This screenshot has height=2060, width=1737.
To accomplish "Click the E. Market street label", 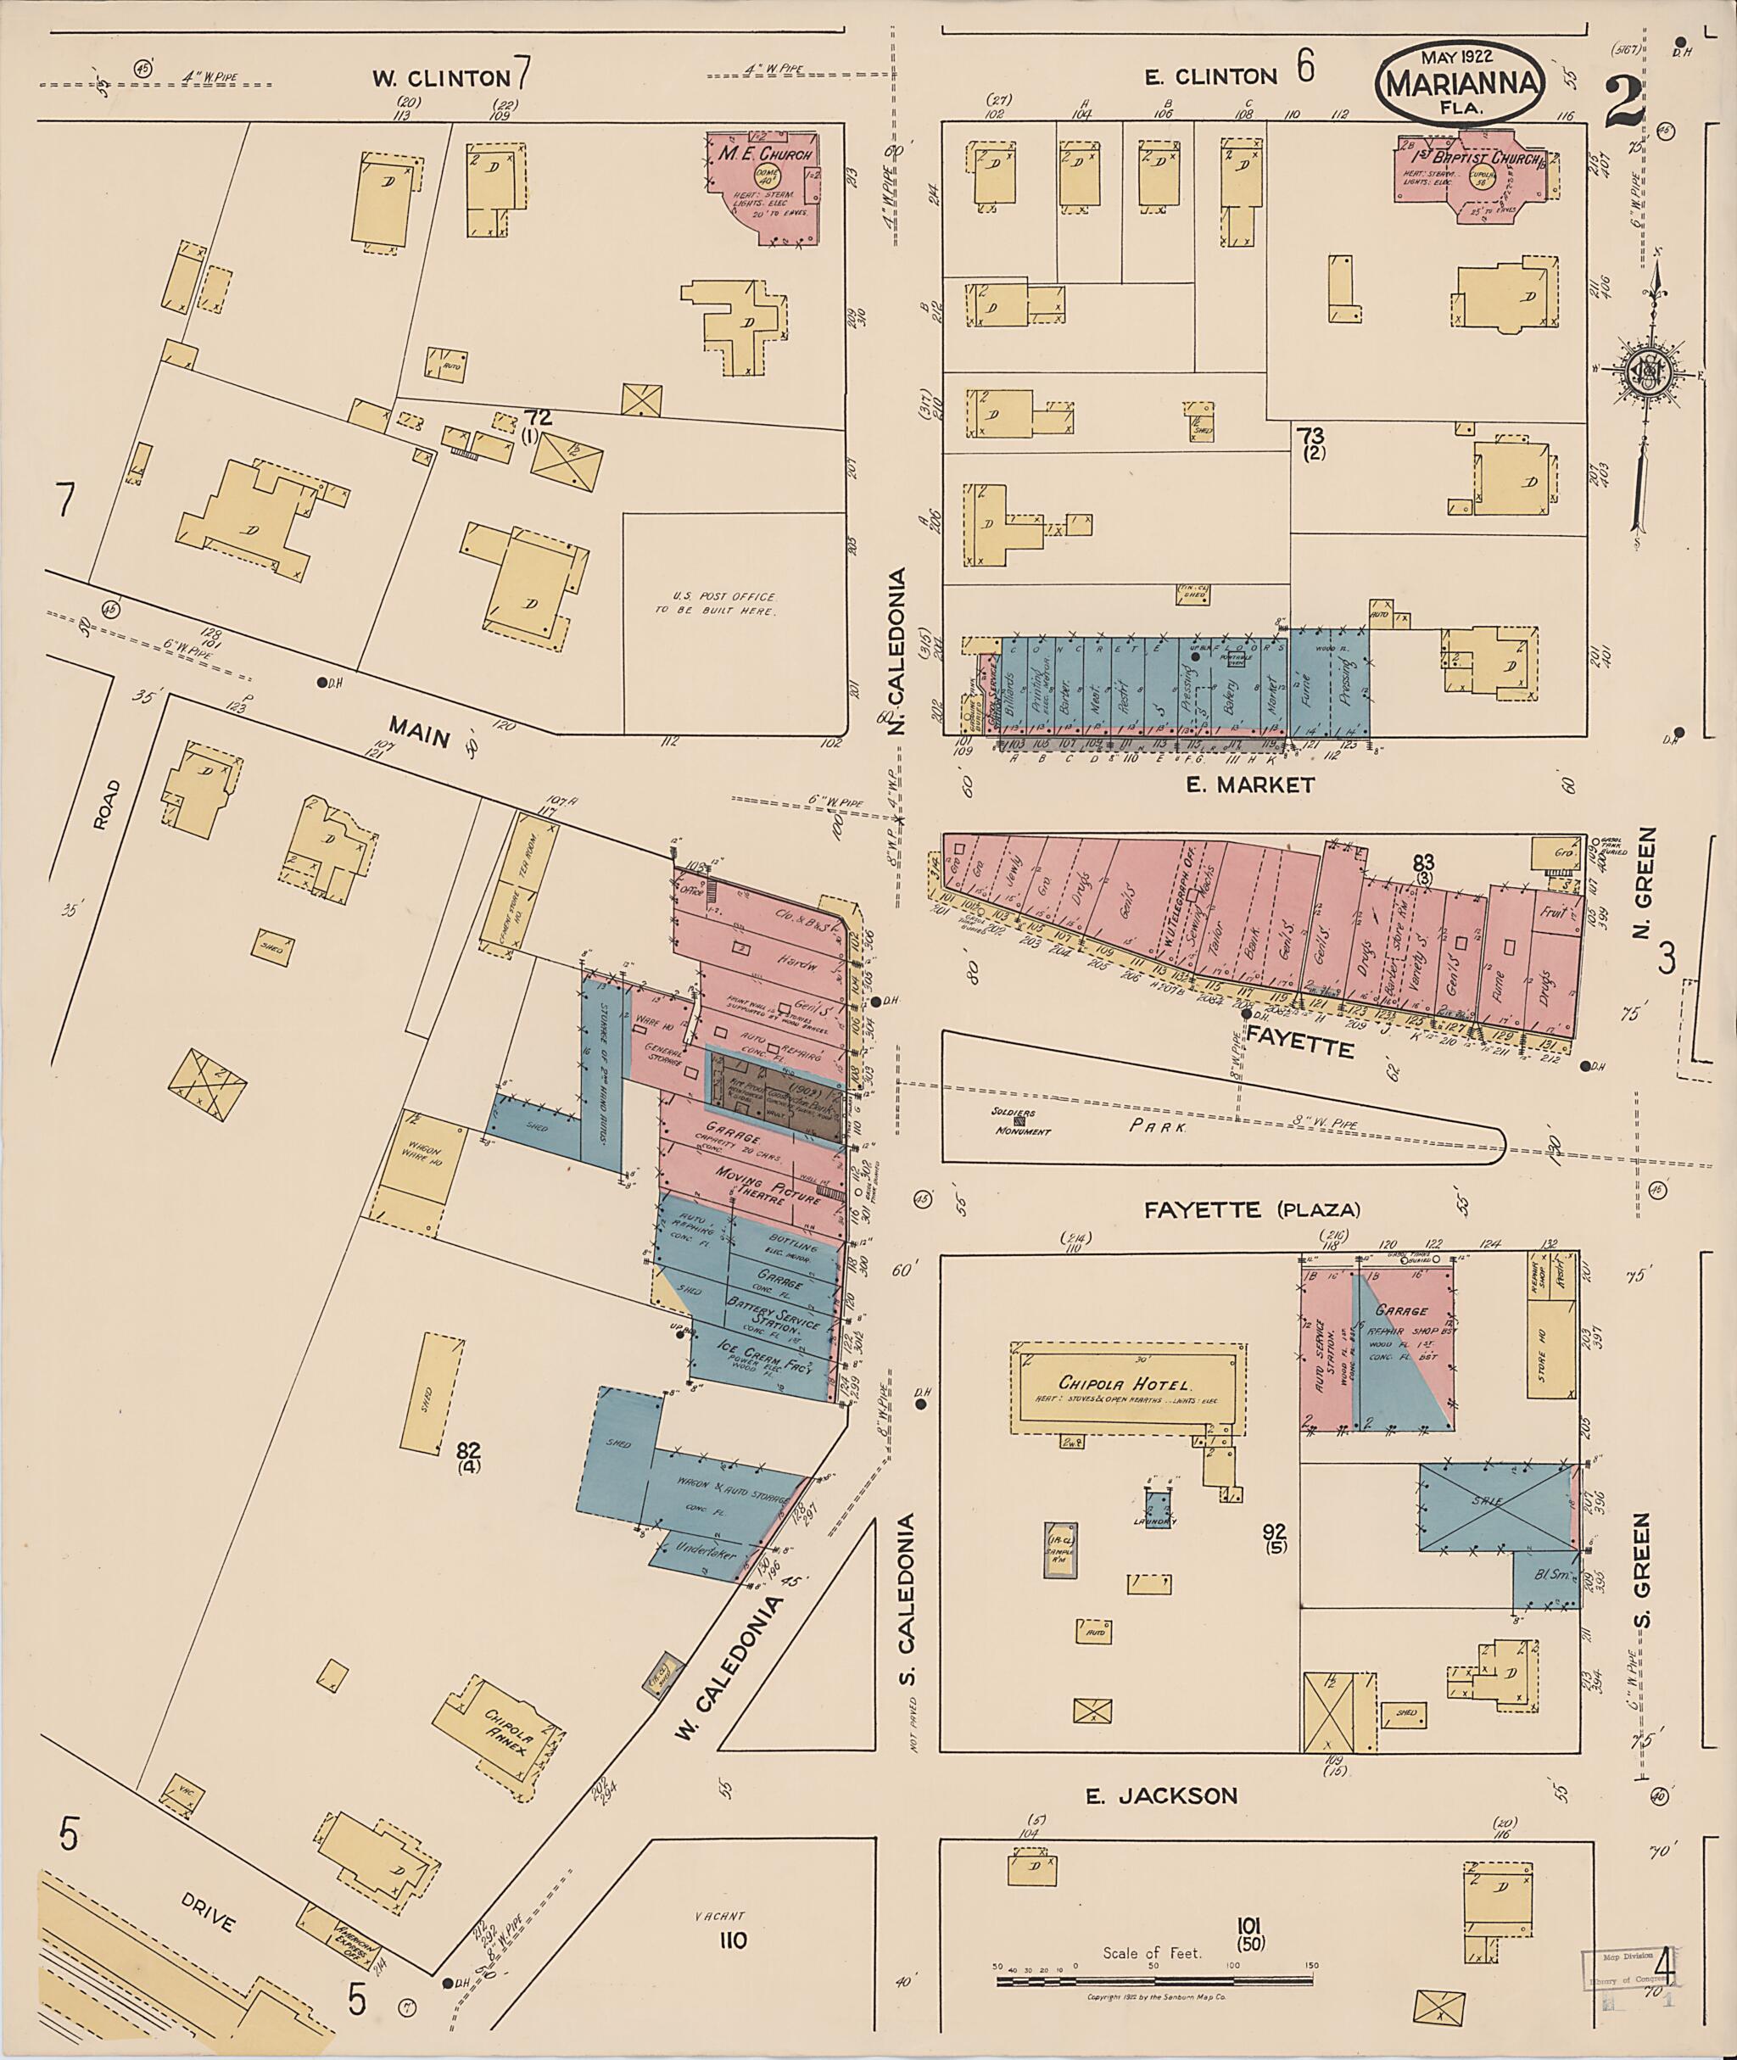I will [x=1249, y=784].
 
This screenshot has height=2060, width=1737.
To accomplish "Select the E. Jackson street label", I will [x=1161, y=1796].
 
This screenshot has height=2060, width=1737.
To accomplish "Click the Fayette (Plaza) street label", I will [x=1250, y=1209].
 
